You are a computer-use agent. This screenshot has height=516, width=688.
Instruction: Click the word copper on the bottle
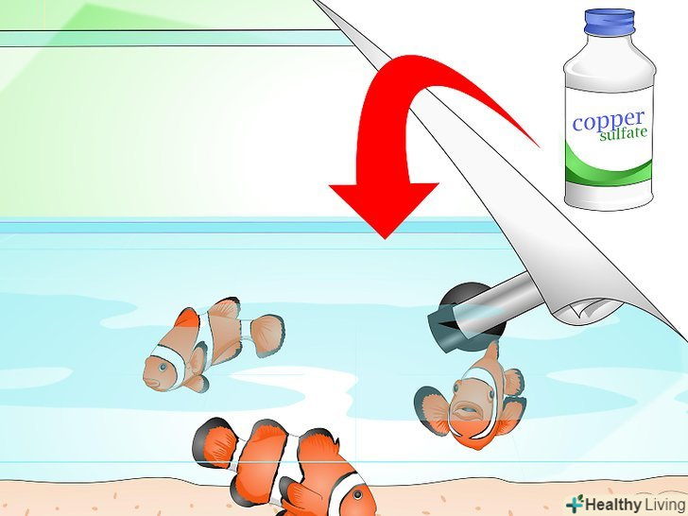click(609, 121)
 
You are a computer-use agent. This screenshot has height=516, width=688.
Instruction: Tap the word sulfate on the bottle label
click(623, 134)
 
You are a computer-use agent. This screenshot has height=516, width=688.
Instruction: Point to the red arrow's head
click(384, 209)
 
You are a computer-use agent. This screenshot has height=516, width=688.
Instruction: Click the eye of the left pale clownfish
click(163, 367)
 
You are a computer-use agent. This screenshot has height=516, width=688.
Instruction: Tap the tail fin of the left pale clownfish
click(267, 335)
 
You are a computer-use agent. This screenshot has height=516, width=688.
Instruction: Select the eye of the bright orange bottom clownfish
click(357, 495)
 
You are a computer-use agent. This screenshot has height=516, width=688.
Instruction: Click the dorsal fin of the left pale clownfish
click(225, 308)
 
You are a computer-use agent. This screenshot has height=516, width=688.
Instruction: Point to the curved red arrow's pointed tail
click(538, 146)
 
